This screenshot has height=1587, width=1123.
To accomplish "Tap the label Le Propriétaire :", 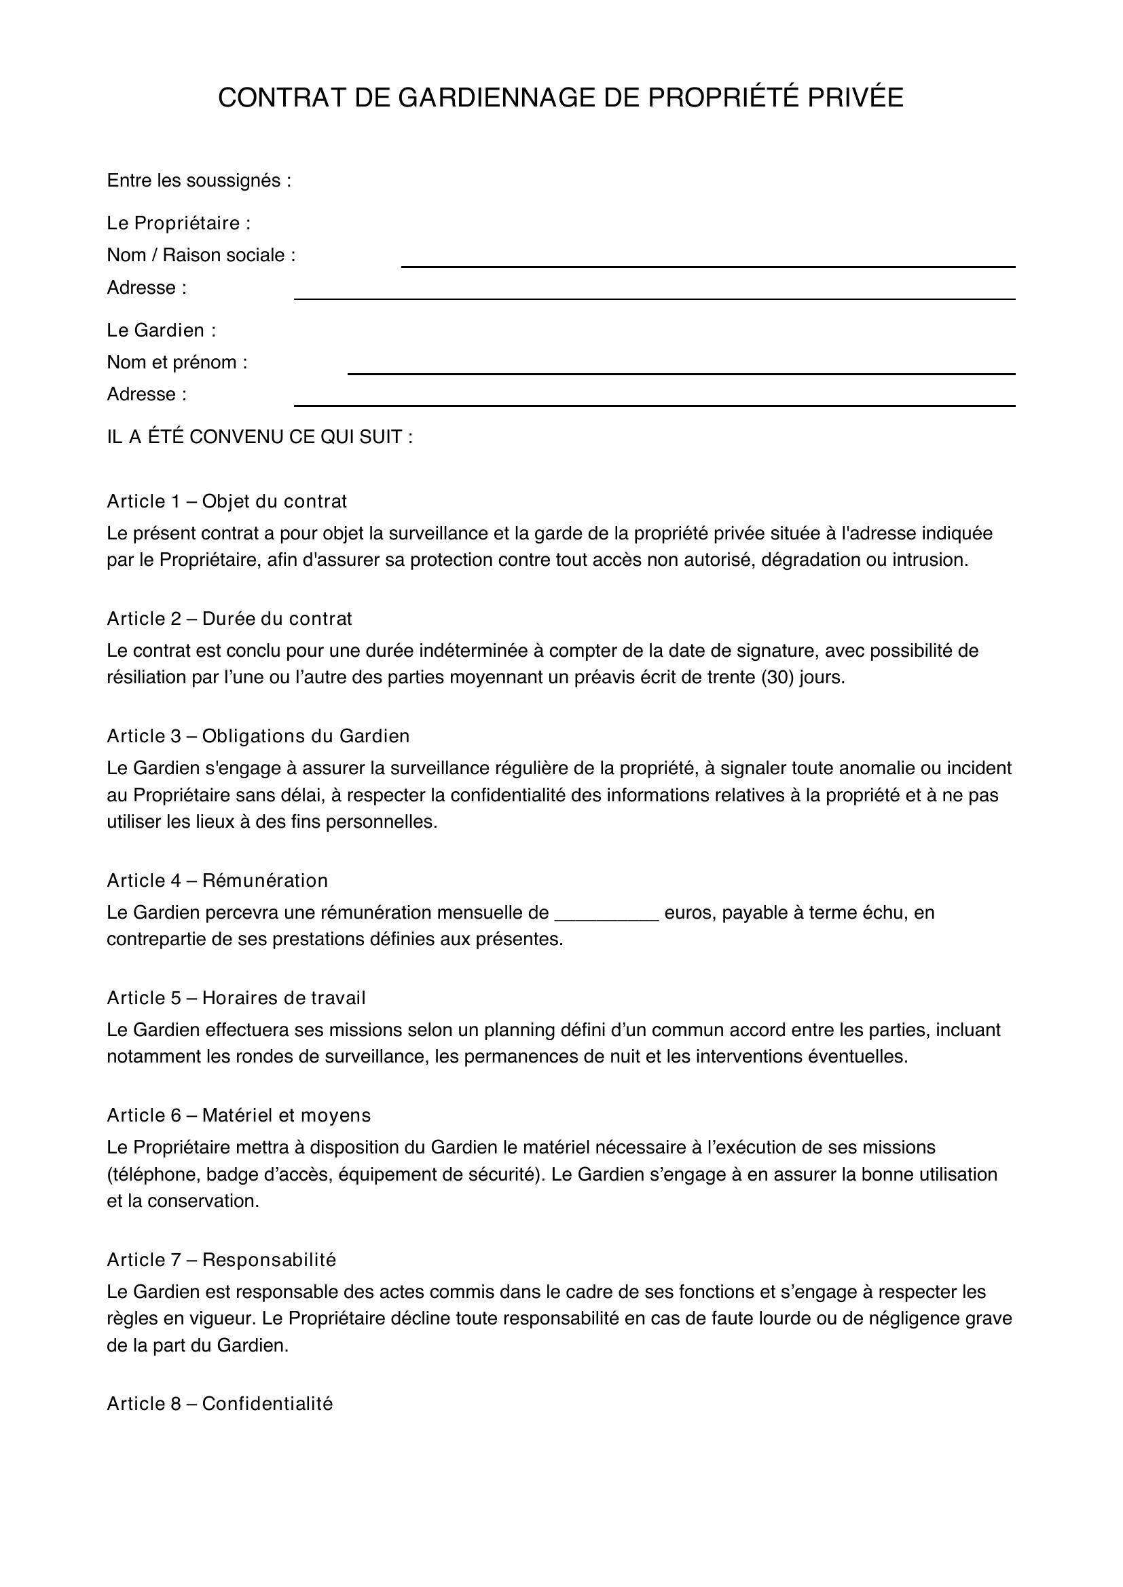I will (x=179, y=223).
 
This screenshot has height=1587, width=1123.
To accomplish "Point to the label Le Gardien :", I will (x=161, y=330).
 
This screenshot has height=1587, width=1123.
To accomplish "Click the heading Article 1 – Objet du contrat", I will (x=227, y=501).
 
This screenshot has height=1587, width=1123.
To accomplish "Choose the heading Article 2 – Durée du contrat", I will (x=229, y=619).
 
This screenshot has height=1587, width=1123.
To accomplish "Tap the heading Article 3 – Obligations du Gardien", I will (x=258, y=736).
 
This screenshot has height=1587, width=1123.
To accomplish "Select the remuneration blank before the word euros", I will (x=606, y=914).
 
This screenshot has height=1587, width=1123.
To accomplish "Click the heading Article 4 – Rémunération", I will (x=217, y=881).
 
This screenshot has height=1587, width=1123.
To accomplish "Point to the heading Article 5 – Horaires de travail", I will (x=236, y=998).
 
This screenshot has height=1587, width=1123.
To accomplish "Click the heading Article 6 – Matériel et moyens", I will (x=238, y=1115).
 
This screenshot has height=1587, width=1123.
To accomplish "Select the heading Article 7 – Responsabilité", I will (x=221, y=1260).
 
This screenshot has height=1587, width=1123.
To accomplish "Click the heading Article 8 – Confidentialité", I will (x=220, y=1404).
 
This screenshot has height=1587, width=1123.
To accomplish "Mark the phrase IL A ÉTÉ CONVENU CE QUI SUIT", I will (x=259, y=438).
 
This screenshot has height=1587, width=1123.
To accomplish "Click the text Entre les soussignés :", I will (x=199, y=181).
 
